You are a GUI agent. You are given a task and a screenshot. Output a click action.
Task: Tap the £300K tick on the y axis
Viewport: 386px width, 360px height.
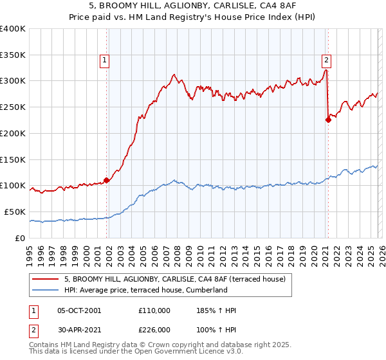pos(13,81)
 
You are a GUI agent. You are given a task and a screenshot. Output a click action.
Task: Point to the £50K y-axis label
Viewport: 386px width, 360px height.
pos(15,212)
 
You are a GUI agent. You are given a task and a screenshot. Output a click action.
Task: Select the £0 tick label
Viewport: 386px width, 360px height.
pos(21,238)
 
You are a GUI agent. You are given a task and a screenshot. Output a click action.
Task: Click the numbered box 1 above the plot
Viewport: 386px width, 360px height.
pos(104,60)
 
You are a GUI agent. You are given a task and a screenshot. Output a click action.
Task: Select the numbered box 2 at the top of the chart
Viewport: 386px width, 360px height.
pos(326,60)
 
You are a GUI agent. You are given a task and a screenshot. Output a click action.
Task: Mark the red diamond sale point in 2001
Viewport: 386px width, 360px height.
pos(107,180)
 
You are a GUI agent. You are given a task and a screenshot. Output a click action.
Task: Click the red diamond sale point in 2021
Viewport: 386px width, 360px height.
pos(328,120)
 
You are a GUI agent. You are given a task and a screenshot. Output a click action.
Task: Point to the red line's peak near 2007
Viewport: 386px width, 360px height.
pos(174,75)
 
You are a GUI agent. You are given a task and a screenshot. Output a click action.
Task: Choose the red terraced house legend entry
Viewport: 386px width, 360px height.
pos(179,279)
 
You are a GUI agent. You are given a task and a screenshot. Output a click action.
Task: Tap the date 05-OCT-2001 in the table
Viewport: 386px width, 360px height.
pos(78,310)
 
